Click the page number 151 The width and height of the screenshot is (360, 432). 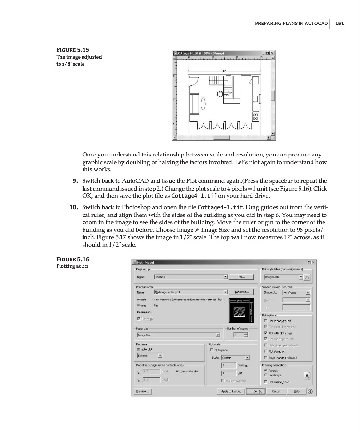pos(340,23)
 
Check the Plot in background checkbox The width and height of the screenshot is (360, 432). pos(265,320)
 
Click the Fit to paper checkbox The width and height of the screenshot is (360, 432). pos(212,349)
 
